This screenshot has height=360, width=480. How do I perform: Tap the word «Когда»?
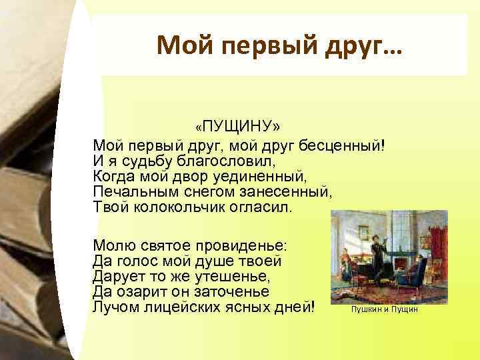pos(113,177)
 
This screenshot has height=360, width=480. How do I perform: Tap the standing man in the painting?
pos(376,256)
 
